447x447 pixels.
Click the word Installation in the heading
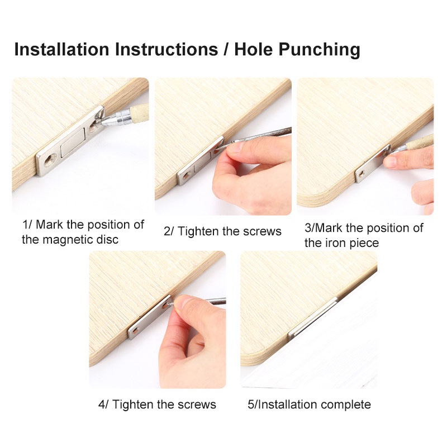[x=62, y=49]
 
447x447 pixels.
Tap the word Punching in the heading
[x=319, y=50]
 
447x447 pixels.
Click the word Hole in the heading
[x=254, y=49]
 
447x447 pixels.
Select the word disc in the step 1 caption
[x=107, y=240]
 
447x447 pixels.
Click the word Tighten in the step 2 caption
[x=198, y=231]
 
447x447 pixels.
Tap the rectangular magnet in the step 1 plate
[x=73, y=142]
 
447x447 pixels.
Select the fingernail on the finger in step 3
[x=389, y=161]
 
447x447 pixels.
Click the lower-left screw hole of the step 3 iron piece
[x=361, y=173]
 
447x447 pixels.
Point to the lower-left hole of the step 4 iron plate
[x=135, y=331]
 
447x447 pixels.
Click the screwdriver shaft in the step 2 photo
[x=262, y=135]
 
